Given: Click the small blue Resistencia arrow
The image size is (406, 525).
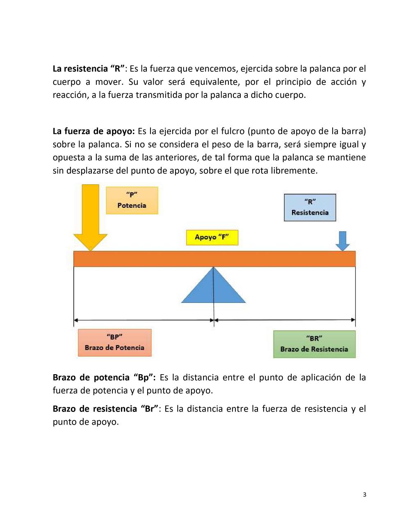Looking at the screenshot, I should tap(342, 241).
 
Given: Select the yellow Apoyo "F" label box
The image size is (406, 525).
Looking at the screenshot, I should tap(212, 237).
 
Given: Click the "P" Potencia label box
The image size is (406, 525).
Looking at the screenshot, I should tap(132, 200).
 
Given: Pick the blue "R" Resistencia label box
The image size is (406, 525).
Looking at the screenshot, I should tap(310, 207).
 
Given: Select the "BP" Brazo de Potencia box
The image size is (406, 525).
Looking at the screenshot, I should tap(114, 343).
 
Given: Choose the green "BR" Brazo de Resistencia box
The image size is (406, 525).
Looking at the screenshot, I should tap(314, 344).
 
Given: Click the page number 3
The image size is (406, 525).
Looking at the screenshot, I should tap(365, 494).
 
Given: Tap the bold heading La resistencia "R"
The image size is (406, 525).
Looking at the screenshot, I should tap(89, 68).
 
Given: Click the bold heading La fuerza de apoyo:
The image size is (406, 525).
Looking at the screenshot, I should tap(94, 131).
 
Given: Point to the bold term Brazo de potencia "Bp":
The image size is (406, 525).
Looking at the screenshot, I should tap(104, 377).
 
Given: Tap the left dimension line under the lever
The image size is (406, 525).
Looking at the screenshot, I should tap(144, 320).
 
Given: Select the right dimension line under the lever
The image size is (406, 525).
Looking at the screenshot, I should tap(285, 320).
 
